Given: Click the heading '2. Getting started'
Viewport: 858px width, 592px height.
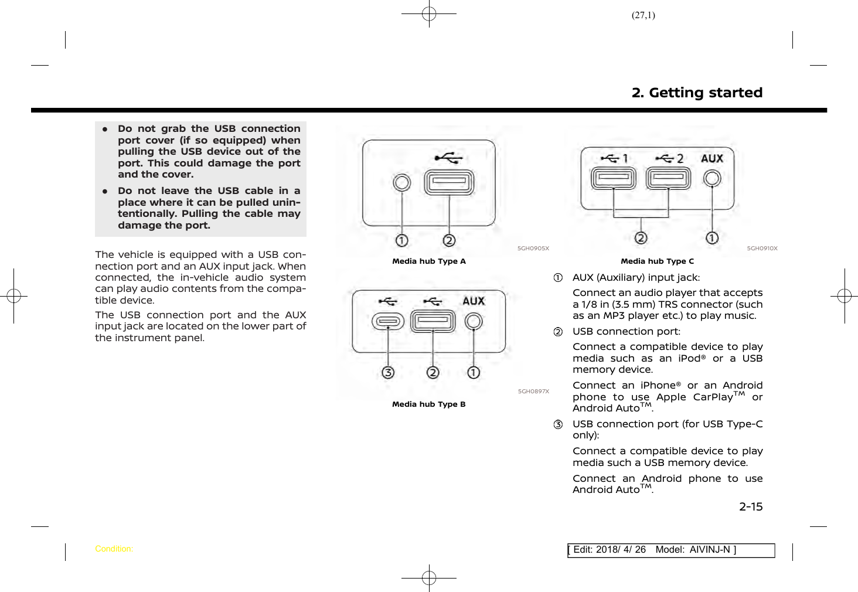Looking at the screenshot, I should click(x=697, y=93).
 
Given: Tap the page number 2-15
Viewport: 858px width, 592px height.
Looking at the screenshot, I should click(x=751, y=506).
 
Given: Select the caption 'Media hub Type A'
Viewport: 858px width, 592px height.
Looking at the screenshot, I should click(x=429, y=261).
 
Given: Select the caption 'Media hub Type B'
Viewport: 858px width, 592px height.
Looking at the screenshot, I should click(x=429, y=404).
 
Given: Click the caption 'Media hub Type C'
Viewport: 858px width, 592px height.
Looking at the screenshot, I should click(x=657, y=261).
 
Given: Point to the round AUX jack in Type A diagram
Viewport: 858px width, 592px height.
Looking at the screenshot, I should click(x=402, y=183).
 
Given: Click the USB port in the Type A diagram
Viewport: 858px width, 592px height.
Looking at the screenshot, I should click(x=449, y=182).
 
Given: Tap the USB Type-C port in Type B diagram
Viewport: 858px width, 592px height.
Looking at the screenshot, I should click(x=388, y=321).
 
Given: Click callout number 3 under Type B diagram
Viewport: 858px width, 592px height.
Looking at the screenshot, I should click(x=388, y=372).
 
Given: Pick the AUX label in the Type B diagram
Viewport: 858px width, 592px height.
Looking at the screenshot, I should click(x=474, y=301).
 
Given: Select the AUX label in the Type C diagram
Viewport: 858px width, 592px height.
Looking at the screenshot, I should click(x=712, y=159).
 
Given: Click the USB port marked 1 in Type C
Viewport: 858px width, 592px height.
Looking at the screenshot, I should click(x=613, y=178).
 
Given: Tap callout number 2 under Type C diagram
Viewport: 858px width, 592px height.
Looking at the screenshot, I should click(x=641, y=238).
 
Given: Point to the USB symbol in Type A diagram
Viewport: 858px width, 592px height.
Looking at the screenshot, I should click(x=448, y=158).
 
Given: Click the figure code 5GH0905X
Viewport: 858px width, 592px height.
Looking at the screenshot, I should click(x=533, y=249).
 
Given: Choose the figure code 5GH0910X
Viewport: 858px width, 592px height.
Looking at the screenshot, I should click(x=762, y=249).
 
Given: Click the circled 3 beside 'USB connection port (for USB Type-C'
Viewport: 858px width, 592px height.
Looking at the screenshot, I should click(x=559, y=424).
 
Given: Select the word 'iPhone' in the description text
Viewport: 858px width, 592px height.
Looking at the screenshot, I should click(x=659, y=386).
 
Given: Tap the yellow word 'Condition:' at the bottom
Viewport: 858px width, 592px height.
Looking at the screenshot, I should click(x=114, y=549).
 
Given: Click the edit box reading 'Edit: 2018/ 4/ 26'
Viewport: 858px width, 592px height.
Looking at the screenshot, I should click(x=670, y=550).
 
